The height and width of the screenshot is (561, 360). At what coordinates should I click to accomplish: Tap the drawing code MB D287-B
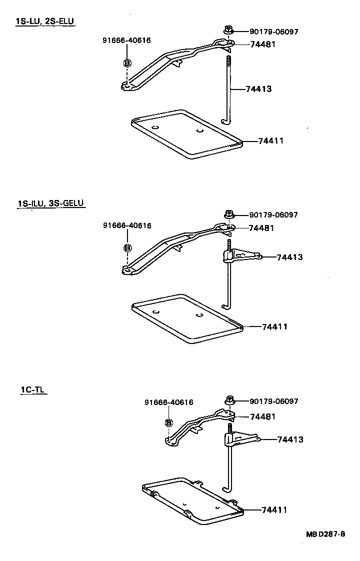325,534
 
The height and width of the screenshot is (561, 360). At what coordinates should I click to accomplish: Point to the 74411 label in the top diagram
271,141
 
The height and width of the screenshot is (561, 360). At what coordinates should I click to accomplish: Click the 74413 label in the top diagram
258,89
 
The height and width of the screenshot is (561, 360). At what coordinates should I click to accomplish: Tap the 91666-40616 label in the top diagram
127,40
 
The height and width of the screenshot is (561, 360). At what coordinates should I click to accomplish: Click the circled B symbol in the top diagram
127,63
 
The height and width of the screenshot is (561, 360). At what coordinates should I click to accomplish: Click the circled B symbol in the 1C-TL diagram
169,423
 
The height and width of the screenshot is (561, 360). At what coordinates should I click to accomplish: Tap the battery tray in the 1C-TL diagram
192,500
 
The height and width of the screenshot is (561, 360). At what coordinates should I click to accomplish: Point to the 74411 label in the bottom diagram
274,510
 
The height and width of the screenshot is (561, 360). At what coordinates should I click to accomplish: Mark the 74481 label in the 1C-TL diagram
262,416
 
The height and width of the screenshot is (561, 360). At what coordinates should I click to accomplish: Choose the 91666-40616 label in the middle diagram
127,225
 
